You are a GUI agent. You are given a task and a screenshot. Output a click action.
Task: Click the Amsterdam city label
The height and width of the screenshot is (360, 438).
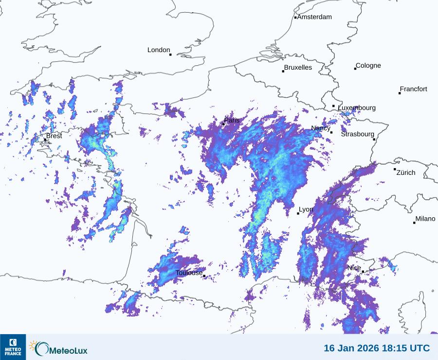(314, 17)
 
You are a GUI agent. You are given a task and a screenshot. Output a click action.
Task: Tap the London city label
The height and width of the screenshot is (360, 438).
(159, 50)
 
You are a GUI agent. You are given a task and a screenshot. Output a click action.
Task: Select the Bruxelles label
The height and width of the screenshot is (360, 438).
(298, 68)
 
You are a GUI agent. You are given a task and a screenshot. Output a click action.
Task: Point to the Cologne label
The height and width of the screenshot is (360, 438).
(368, 66)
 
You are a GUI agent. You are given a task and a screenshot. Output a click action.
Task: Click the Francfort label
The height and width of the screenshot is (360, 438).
(414, 89)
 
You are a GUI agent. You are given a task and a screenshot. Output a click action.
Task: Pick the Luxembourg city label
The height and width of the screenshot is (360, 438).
(357, 108)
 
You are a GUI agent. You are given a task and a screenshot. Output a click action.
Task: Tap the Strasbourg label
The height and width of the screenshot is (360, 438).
(358, 134)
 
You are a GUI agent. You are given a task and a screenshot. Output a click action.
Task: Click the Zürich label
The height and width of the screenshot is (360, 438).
(406, 172)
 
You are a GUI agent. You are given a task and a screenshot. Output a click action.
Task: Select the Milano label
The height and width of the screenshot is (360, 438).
(425, 219)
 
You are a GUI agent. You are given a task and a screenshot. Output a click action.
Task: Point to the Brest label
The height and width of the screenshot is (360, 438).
(54, 136)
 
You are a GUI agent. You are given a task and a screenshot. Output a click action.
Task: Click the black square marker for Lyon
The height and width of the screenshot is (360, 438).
(298, 213)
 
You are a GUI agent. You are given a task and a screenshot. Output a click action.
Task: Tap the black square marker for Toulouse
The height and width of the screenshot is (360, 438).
(204, 276)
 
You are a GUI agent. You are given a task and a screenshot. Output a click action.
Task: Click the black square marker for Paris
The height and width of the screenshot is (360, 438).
(223, 124)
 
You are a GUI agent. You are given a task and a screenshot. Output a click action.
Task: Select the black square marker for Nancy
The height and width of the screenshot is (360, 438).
(331, 133)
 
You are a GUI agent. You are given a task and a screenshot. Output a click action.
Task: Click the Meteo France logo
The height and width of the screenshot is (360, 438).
(13, 347)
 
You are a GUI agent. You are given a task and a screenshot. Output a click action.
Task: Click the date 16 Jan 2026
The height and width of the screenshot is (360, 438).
(356, 348)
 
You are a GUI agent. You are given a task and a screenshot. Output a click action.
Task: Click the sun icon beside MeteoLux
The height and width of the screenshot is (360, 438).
(34, 345)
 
